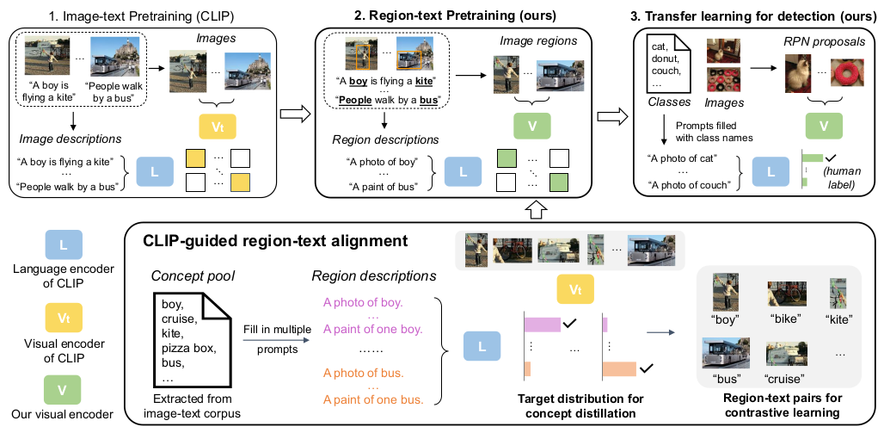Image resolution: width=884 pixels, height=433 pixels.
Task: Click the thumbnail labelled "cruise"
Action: coord(781,356)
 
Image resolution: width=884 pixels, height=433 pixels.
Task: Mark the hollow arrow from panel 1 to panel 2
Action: coord(295,111)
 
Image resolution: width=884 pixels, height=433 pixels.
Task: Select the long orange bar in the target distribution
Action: coord(619,368)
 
